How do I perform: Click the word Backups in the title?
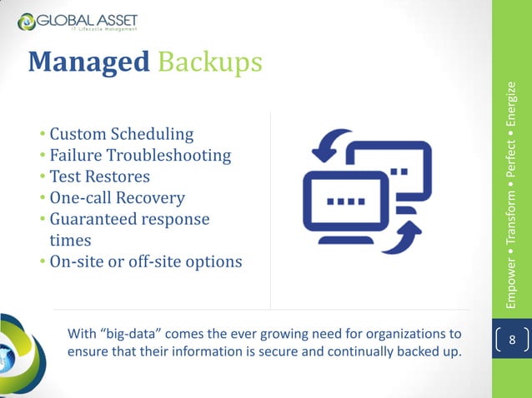(x=208, y=63)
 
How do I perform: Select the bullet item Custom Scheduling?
(x=122, y=133)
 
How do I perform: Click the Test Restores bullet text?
(x=100, y=177)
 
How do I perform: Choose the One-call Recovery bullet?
(x=118, y=198)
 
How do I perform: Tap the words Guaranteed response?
(x=129, y=220)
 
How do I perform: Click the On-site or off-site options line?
(x=146, y=262)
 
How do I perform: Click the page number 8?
(x=513, y=341)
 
